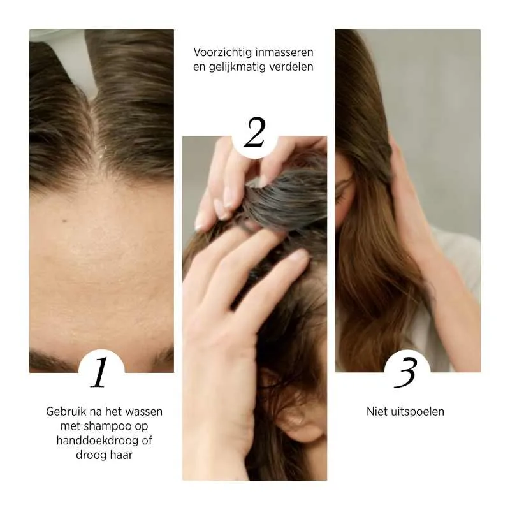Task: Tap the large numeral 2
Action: coord(254,132)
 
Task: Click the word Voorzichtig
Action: coord(221,52)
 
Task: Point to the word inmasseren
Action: coord(284,52)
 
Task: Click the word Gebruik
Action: coord(65,411)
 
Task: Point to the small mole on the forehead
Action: coord(64,221)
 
